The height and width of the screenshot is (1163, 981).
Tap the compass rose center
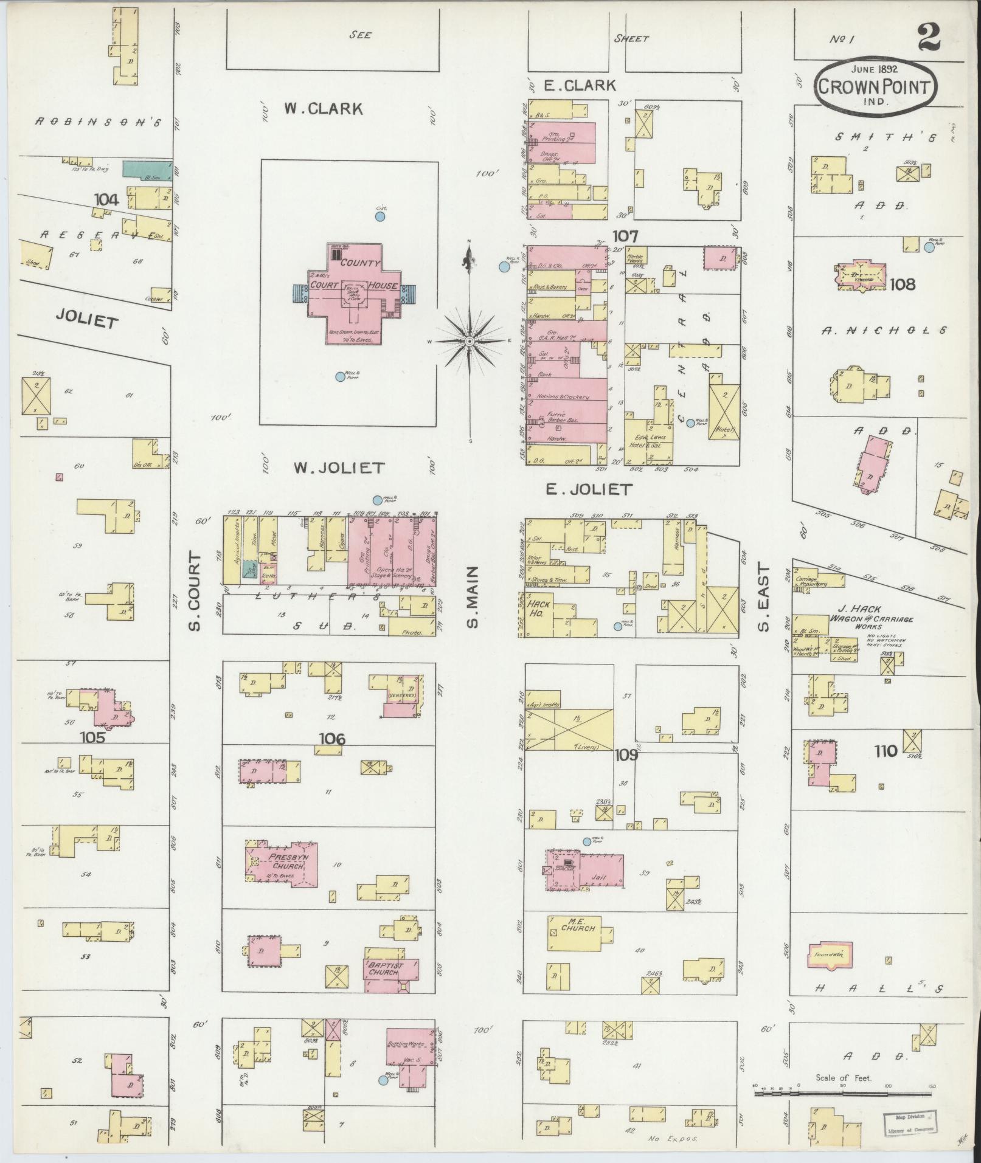coord(470,342)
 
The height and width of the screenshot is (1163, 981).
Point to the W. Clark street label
coord(323,109)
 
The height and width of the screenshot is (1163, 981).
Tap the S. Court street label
coord(194,591)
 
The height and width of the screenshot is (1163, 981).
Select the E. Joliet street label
coord(589,489)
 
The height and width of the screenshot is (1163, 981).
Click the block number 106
coord(332,739)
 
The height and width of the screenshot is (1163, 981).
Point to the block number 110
coord(885,751)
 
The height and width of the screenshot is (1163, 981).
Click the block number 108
coord(902,284)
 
